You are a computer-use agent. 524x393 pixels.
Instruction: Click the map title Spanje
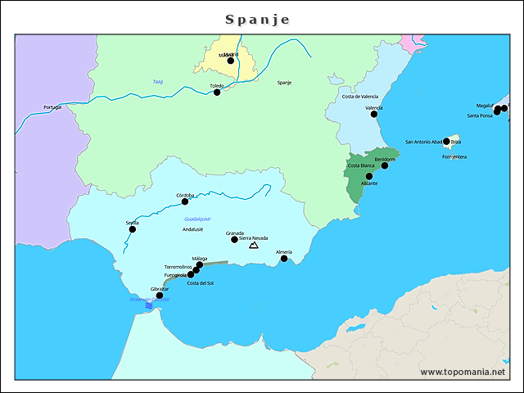tap(257, 19)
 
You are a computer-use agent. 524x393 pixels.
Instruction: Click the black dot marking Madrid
tap(231, 61)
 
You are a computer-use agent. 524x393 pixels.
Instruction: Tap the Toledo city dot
tap(217, 93)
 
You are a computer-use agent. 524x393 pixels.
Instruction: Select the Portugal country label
tap(52, 107)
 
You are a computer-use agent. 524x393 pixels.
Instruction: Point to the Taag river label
tap(157, 81)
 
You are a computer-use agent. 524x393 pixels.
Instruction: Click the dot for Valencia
tap(375, 115)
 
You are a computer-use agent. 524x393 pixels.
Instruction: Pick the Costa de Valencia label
tap(360, 97)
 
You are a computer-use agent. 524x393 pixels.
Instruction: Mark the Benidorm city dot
tap(385, 166)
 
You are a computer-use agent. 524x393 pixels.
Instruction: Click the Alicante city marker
tap(369, 176)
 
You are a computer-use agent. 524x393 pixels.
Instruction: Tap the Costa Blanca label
tap(361, 165)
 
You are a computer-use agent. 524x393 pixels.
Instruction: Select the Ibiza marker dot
tap(447, 141)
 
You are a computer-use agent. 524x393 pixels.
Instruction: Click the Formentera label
tap(454, 156)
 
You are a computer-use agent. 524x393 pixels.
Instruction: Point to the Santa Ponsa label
tap(480, 115)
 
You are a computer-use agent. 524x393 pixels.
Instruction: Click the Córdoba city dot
tap(185, 201)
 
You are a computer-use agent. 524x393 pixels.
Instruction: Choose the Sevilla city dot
tap(132, 229)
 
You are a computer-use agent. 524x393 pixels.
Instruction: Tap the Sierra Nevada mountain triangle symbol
tap(254, 245)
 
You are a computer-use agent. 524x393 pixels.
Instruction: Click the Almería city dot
tap(284, 259)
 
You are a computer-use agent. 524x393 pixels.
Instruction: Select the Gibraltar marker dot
tap(160, 296)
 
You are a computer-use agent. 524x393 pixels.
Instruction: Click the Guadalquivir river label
tap(198, 220)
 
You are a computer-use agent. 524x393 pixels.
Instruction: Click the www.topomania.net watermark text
tap(463, 372)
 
